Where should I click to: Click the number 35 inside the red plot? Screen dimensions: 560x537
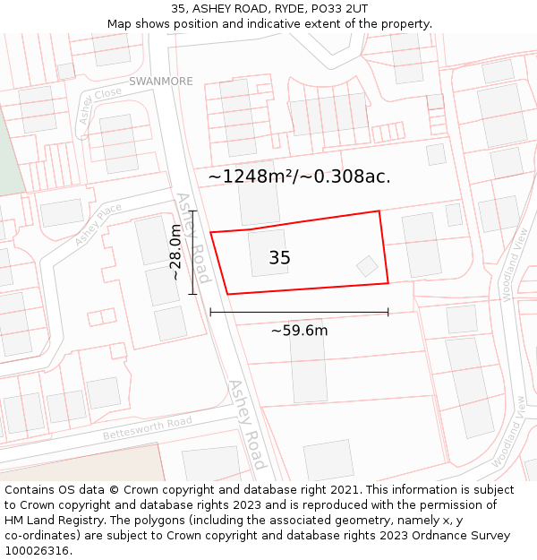point(279,258)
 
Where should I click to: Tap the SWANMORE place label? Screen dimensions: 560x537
point(160,82)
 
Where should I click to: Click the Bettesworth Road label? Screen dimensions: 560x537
point(147,427)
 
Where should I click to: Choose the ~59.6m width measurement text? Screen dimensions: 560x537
point(299,331)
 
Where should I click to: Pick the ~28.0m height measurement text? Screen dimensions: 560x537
point(175,252)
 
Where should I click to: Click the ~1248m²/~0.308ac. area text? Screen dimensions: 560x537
point(299,177)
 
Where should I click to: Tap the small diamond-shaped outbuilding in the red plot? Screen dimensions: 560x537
point(367,266)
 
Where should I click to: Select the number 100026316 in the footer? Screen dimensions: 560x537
point(38,551)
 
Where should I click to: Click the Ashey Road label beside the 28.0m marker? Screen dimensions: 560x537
point(192,237)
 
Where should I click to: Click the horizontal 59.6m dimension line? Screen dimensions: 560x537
point(299,312)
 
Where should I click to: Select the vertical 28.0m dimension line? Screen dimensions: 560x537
point(192,246)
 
